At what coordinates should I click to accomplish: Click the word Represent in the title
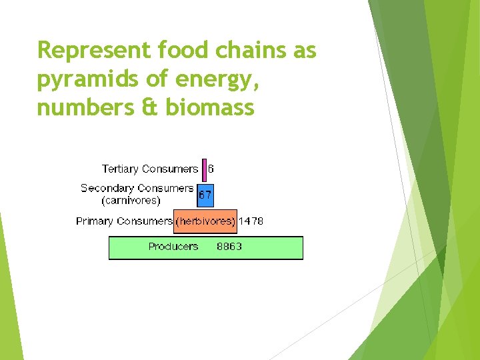coord(94,51)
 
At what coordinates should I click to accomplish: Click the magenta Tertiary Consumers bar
coord(204,170)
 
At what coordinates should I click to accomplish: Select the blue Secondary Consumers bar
coord(205,195)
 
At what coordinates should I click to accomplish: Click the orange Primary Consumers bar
coord(205,221)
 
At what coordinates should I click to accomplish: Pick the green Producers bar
coord(206,247)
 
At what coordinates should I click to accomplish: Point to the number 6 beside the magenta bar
coord(211,169)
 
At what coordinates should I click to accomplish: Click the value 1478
coord(251,221)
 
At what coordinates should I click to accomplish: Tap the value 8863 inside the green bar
coord(229,247)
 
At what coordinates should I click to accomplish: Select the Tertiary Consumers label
coord(150,169)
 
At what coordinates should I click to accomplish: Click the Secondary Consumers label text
coord(137,188)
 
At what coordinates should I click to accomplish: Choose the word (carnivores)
coord(131,201)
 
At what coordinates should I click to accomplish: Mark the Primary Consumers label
coord(124,221)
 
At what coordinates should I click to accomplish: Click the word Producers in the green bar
coord(173,247)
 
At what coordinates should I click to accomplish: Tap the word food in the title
coord(183,49)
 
